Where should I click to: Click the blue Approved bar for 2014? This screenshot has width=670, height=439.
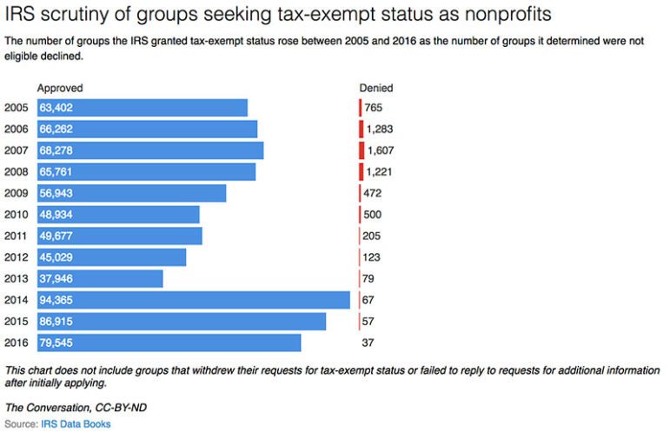point(193,300)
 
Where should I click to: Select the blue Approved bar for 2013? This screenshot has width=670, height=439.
point(100,279)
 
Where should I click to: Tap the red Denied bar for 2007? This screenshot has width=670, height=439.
point(362,150)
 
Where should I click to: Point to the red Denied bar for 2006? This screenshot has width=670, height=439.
point(362,130)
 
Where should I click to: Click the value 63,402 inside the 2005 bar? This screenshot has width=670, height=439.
point(56,108)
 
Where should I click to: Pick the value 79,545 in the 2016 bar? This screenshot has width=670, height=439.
point(56,343)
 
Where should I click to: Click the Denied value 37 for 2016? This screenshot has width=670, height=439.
point(369,343)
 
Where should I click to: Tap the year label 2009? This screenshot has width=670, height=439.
point(17,193)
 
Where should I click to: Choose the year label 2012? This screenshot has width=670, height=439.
point(17,257)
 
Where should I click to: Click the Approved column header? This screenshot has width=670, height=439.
point(60,88)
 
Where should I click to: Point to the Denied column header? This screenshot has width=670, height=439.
point(376,88)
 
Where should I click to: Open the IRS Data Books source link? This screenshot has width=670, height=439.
point(76,424)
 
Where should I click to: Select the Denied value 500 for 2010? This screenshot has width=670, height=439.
point(373,215)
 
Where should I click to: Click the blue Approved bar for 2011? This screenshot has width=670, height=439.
point(119,236)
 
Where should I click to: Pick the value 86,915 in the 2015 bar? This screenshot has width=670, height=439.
point(56,322)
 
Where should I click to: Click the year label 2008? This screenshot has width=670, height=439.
point(17,172)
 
